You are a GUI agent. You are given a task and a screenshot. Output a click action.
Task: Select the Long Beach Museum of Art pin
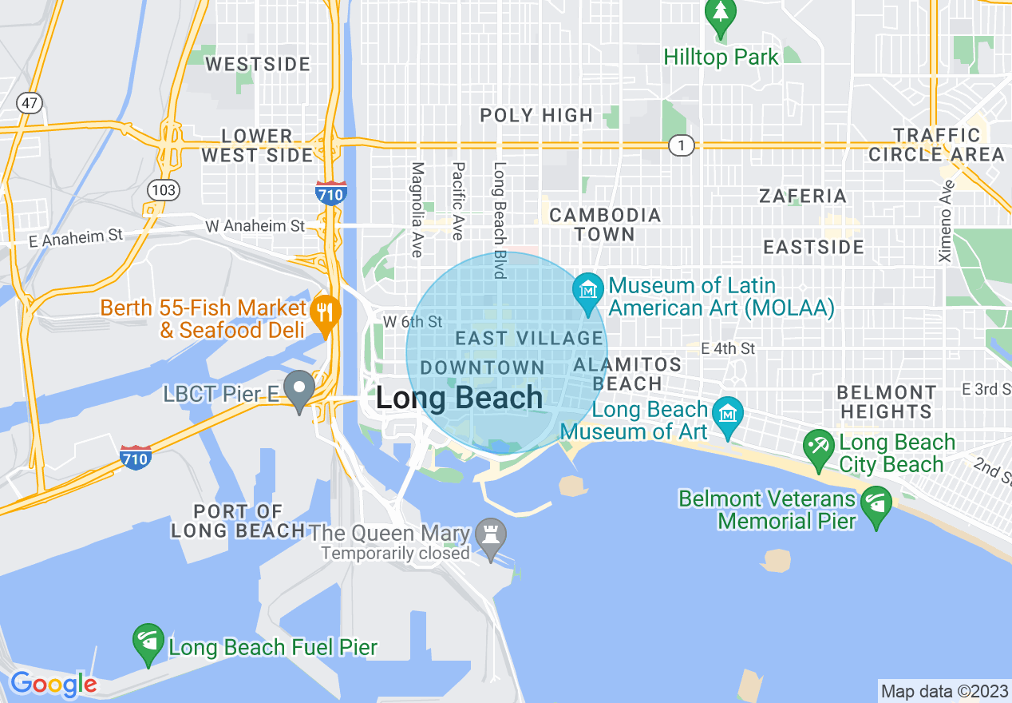pyautogui.click(x=728, y=416)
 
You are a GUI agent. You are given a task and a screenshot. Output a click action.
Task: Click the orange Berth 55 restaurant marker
pyautogui.click(x=324, y=312)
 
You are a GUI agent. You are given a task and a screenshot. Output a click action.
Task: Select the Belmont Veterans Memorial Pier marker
pyautogui.click(x=876, y=505)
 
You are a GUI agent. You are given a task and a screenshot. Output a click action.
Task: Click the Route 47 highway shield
pyautogui.click(x=29, y=103)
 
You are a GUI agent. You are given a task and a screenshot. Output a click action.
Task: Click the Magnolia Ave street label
pyautogui.click(x=417, y=209)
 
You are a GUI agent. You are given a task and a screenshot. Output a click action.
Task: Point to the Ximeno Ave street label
pyautogui.click(x=947, y=222)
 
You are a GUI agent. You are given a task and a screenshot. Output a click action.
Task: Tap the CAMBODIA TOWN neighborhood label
pyautogui.click(x=605, y=224)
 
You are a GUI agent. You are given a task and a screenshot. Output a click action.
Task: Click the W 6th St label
pyautogui.click(x=413, y=322)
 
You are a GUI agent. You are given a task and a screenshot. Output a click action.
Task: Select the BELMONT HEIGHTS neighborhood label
pyautogui.click(x=886, y=402)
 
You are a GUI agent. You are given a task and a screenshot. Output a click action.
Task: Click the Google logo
pyautogui.click(x=53, y=684)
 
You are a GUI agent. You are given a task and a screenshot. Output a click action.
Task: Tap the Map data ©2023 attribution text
pyautogui.click(x=944, y=691)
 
